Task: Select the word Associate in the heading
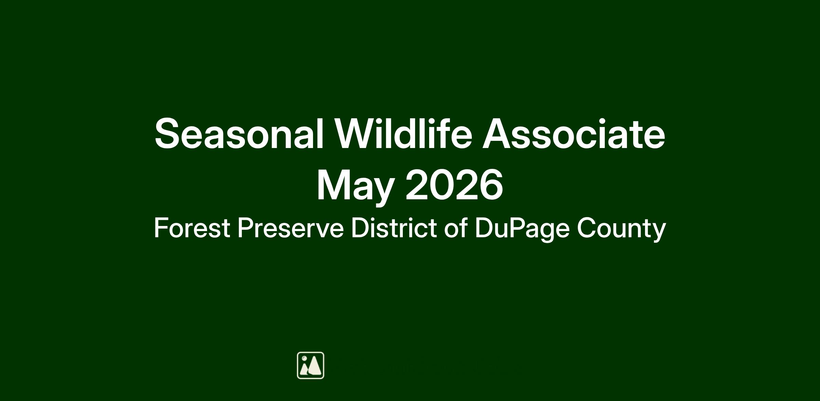coord(574,133)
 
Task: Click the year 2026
coord(454,185)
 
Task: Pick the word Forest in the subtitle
coord(192,228)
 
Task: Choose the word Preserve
coord(290,228)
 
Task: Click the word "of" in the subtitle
coord(456,227)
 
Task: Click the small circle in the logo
coord(304,358)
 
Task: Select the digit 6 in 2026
coord(491,185)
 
